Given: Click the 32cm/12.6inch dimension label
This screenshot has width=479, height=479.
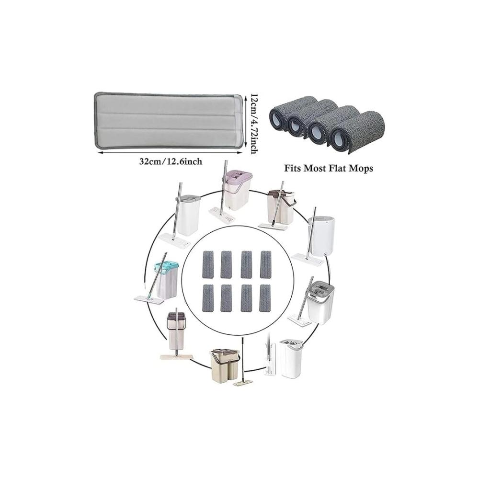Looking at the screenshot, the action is pos(171,161).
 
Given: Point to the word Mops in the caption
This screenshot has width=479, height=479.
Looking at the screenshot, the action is pos(362,168).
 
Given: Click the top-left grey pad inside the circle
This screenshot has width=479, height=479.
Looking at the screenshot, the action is pos(208,264).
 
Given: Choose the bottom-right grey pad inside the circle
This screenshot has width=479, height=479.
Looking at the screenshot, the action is pos(265,298).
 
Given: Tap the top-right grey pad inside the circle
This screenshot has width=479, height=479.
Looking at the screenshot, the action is pos(265,264).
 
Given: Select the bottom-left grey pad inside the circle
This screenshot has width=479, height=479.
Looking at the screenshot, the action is pos(208,298).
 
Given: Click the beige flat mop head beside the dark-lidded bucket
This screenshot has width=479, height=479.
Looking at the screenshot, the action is pos(177,356).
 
